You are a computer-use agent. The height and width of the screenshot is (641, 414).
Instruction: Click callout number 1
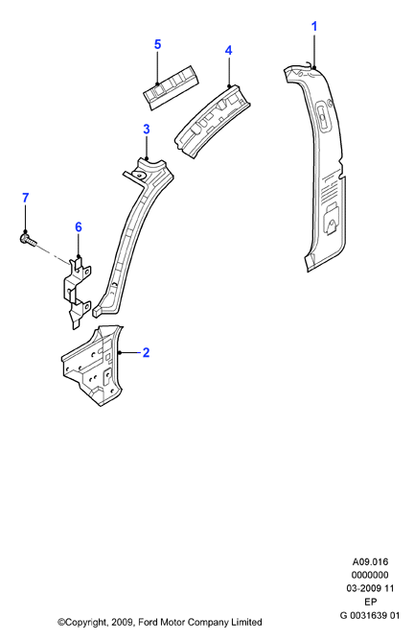pos(314,27)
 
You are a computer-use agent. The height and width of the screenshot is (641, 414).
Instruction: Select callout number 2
pos(146,352)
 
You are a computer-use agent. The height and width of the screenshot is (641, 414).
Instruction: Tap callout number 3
pos(147,130)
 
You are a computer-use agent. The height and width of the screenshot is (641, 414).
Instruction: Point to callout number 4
pos(228,50)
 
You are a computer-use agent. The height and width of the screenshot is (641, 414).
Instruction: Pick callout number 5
pos(157,44)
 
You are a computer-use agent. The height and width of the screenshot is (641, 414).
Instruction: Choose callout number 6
pos(79,226)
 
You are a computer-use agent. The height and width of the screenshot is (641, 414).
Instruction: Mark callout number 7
pos(25,198)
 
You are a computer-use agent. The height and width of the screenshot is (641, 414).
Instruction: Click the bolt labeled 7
pos(28,239)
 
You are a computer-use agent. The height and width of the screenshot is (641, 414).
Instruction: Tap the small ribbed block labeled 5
pos(172,87)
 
